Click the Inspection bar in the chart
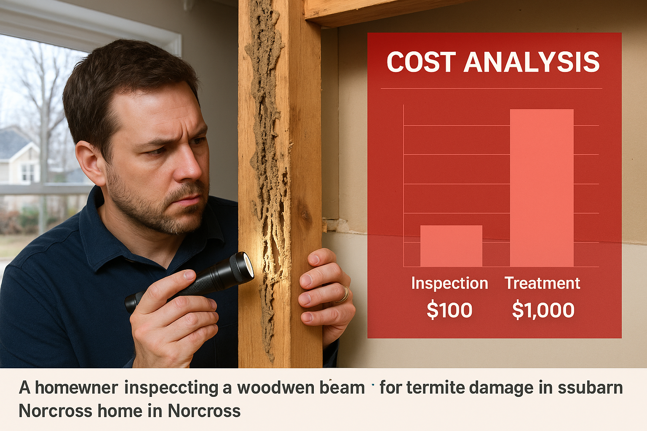click(x=451, y=246)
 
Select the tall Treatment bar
click(x=542, y=188)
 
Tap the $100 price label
click(x=449, y=311)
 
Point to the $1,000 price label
click(x=543, y=311)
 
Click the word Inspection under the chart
click(x=449, y=283)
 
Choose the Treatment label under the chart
click(x=543, y=283)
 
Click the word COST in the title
click(x=421, y=62)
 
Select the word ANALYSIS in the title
click(x=532, y=62)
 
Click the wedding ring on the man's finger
click(x=345, y=293)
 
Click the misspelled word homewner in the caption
click(x=76, y=388)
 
